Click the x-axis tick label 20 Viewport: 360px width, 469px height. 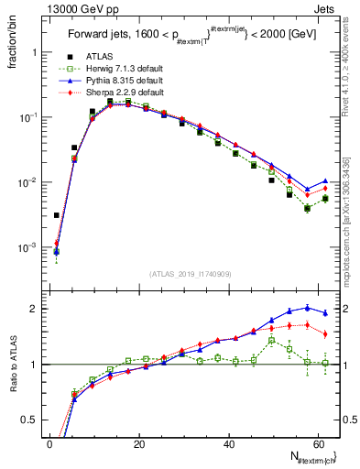point(138,444)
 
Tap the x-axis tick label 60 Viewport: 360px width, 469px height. point(317,444)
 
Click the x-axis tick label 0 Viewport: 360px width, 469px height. point(49,444)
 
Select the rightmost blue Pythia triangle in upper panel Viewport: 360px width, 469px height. point(325,181)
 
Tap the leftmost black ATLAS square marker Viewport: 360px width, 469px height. point(57,215)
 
